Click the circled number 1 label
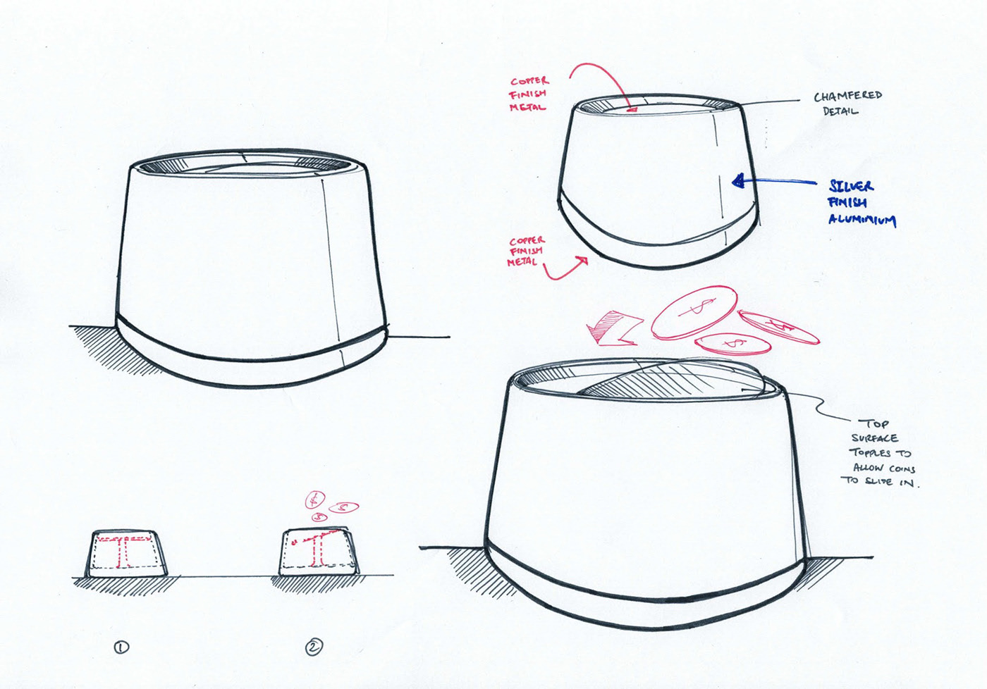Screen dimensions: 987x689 tap(121, 647)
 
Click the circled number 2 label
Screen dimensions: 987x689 tap(314, 647)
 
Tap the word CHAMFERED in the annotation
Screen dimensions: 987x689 tap(847, 96)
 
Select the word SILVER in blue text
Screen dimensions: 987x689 tap(851, 186)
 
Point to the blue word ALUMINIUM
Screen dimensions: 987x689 tap(862, 219)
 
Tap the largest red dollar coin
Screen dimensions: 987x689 tap(694, 312)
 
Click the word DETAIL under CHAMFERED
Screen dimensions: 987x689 tap(840, 111)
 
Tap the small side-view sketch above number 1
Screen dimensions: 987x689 tap(127, 554)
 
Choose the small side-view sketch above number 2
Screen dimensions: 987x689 tap(319, 552)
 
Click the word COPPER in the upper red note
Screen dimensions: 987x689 tap(529, 81)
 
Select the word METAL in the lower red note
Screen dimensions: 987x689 tap(522, 262)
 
